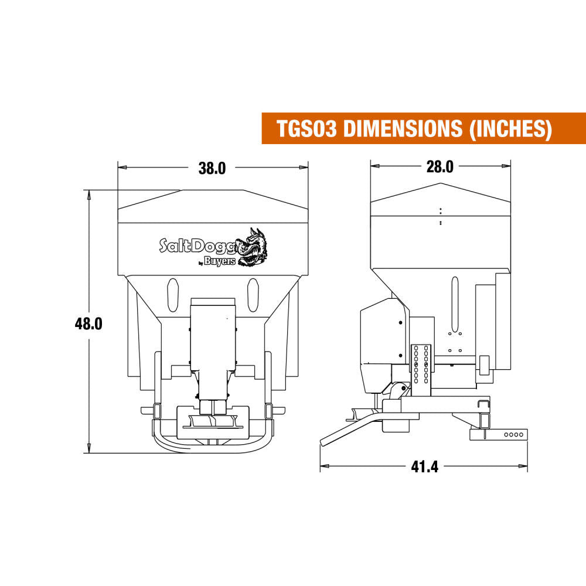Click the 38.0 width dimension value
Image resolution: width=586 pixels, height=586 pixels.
point(212,168)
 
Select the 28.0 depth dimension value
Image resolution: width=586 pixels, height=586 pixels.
point(439,167)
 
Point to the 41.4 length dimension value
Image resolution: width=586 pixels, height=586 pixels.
point(425,467)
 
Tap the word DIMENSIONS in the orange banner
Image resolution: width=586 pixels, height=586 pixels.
point(404,128)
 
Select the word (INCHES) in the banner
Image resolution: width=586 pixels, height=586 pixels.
point(510,128)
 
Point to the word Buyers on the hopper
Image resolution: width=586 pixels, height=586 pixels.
point(220,261)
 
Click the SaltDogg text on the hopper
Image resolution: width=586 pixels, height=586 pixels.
point(197,244)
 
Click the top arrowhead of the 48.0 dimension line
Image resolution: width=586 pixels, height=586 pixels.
point(89,194)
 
